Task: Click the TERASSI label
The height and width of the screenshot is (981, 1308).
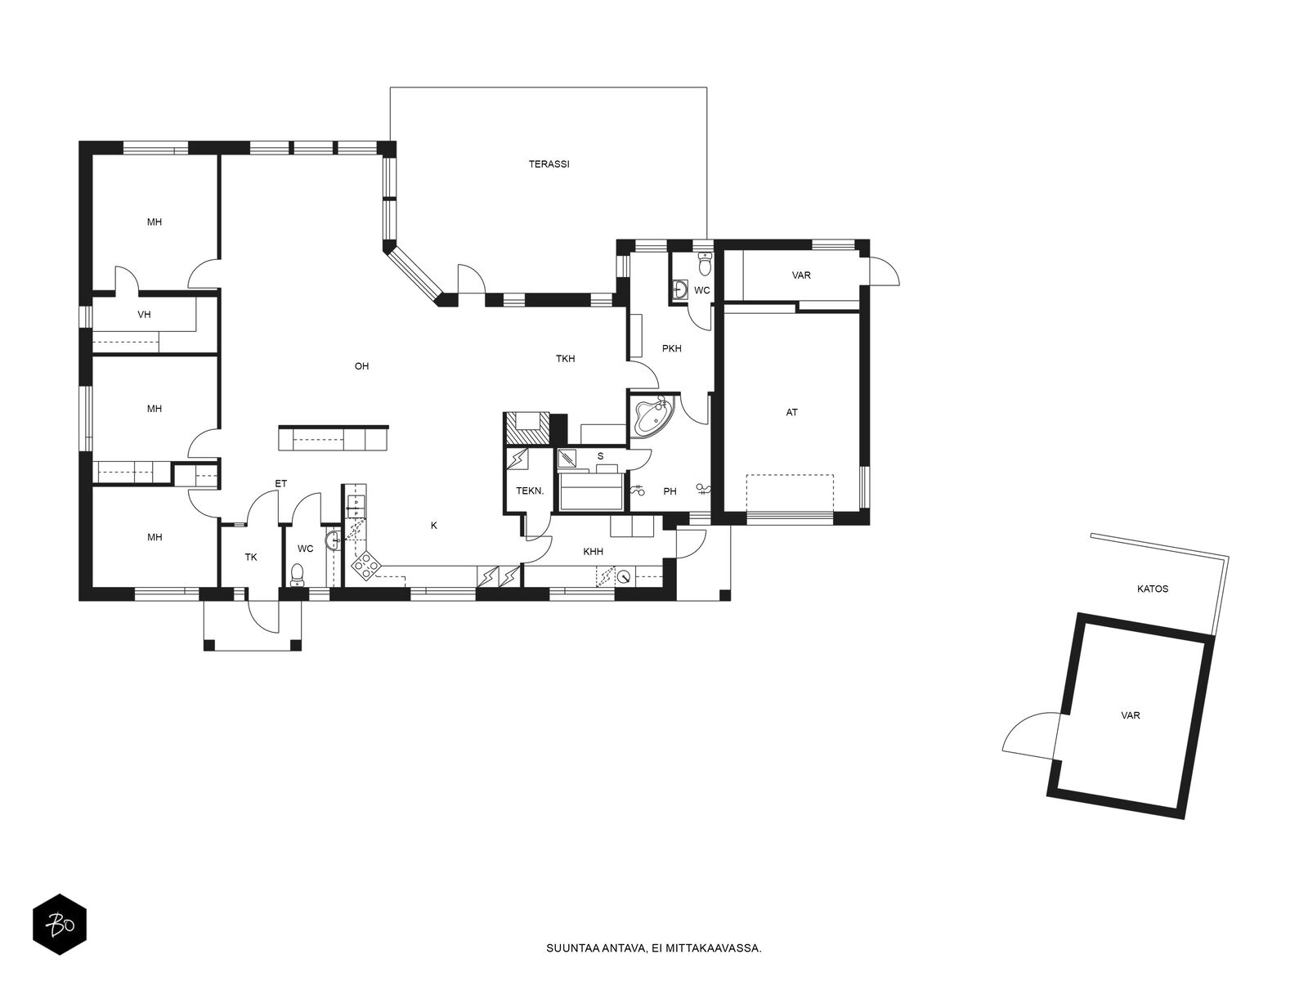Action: click(x=549, y=163)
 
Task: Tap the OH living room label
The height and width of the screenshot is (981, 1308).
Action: click(x=361, y=366)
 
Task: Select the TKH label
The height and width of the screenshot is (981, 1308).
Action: click(x=565, y=359)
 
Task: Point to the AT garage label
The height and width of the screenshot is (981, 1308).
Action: click(x=791, y=412)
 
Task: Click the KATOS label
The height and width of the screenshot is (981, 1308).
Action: click(x=1153, y=589)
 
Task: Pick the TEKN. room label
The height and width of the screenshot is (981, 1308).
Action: click(x=529, y=490)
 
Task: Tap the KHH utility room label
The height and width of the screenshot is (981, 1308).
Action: click(x=593, y=552)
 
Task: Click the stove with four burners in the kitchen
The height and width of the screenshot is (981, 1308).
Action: click(x=365, y=565)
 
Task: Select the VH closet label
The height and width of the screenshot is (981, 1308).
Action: click(x=144, y=315)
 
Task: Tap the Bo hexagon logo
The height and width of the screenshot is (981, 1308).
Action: click(x=60, y=925)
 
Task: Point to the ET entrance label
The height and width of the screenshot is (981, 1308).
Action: click(x=280, y=484)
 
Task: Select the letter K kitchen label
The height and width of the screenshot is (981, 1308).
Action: click(x=434, y=526)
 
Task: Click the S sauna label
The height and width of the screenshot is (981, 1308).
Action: click(x=600, y=456)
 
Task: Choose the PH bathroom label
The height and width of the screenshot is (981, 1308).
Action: click(x=670, y=491)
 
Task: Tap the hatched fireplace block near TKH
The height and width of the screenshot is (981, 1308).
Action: click(x=526, y=429)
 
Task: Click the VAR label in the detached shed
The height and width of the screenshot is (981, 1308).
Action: click(x=1130, y=715)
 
